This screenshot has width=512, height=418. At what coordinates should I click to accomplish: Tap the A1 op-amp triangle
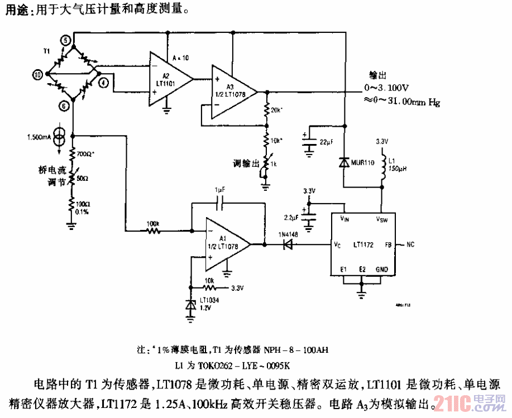pos(226,244)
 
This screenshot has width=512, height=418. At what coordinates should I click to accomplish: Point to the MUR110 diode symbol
pos(344,162)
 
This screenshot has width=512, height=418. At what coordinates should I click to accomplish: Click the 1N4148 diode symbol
pos(287,244)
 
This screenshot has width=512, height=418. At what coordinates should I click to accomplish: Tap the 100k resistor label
pos(152,223)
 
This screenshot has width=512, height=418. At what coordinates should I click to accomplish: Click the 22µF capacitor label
pos(326,142)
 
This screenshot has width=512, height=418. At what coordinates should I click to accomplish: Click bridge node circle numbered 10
pos(37,74)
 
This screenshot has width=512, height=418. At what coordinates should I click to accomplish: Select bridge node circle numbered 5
pos(66,40)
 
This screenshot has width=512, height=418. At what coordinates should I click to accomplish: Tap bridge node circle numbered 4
pos(104,82)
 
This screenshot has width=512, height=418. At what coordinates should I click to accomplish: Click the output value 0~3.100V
pos(387,88)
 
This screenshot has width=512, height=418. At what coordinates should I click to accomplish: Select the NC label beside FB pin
pos(410,244)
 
